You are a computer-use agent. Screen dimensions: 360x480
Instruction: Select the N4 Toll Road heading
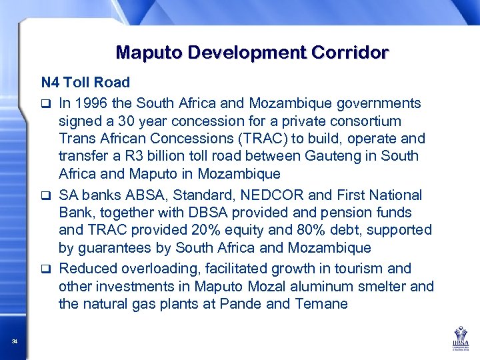pos(85,83)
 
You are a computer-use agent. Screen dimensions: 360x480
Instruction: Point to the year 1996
pos(90,103)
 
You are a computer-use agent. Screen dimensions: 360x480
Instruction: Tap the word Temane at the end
pos(323,304)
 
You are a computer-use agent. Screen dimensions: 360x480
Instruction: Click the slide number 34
pos(15,342)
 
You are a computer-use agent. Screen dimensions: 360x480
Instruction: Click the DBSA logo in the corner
pos(460,337)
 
